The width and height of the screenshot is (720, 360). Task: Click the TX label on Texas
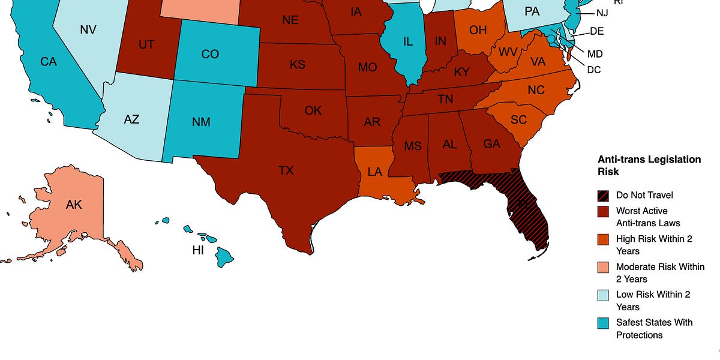pyautogui.click(x=286, y=170)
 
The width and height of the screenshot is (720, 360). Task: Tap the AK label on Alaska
pyautogui.click(x=74, y=205)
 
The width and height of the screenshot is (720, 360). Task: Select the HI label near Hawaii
pyautogui.click(x=198, y=250)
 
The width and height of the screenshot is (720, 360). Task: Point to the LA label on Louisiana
pyautogui.click(x=374, y=172)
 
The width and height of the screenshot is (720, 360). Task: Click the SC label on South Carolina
pyautogui.click(x=518, y=120)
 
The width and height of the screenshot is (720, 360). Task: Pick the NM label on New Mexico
pyautogui.click(x=202, y=122)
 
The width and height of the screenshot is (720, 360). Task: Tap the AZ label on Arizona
pyautogui.click(x=131, y=119)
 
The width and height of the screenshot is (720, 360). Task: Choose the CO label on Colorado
pyautogui.click(x=210, y=54)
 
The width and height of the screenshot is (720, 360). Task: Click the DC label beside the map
pyautogui.click(x=594, y=70)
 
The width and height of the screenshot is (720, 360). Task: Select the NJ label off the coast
pyautogui.click(x=602, y=13)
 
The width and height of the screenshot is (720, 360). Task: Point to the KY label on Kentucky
pyautogui.click(x=461, y=72)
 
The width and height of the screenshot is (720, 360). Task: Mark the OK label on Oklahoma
pyautogui.click(x=313, y=110)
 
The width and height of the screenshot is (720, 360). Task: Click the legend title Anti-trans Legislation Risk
pyautogui.click(x=649, y=166)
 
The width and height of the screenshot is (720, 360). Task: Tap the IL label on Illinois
pyautogui.click(x=408, y=41)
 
